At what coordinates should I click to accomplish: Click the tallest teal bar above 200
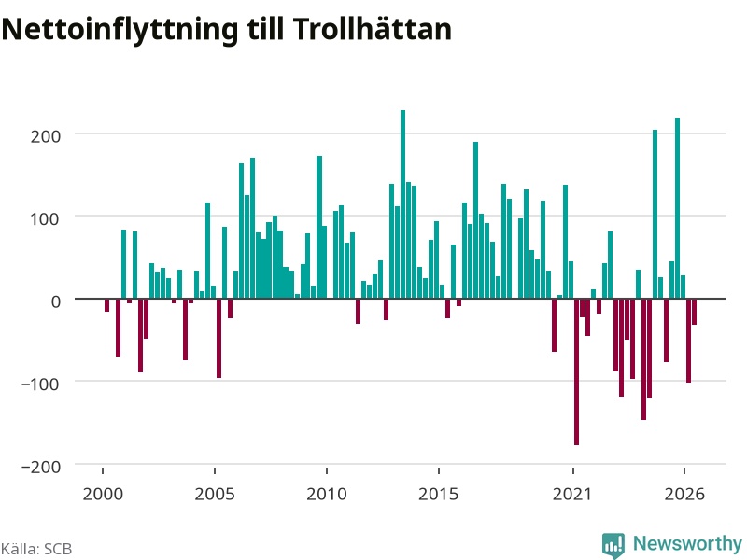click(402, 204)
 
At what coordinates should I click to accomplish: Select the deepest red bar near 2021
click(576, 371)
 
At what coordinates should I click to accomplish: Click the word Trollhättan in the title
click(372, 29)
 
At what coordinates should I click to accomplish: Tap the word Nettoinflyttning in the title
click(120, 31)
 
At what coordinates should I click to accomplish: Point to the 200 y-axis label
click(46, 136)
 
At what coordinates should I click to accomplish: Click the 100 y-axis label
click(46, 219)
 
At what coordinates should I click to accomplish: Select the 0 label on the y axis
click(56, 301)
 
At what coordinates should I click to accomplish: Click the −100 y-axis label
click(41, 384)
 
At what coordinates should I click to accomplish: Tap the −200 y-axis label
click(41, 467)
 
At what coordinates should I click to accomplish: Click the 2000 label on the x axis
click(103, 494)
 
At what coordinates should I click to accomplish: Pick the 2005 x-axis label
click(215, 494)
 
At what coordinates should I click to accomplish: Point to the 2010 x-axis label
click(327, 494)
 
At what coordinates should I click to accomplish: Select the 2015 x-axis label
click(439, 494)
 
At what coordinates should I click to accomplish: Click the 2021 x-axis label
click(572, 494)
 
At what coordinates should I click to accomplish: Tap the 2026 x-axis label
click(684, 494)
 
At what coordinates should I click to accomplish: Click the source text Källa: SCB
click(36, 549)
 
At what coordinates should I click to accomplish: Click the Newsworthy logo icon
click(613, 545)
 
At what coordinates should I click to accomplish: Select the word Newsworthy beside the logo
click(687, 543)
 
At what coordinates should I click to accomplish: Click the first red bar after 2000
click(106, 305)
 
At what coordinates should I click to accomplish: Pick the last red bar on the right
click(694, 312)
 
